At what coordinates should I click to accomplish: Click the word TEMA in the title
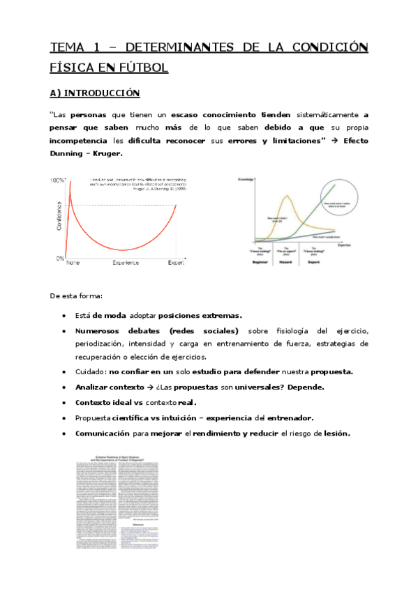[x=64, y=47]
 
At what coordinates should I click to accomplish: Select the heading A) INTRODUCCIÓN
[x=94, y=93]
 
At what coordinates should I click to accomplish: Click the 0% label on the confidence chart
[x=60, y=258]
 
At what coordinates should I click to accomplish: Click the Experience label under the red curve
[x=126, y=263]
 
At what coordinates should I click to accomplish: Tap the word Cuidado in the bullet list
[x=91, y=371]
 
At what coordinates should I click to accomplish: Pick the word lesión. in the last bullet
[x=334, y=433]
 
